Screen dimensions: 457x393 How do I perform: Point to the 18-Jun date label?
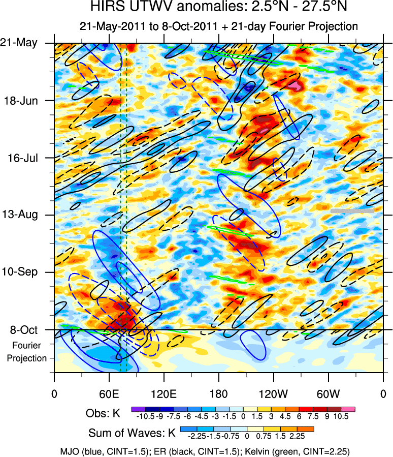point(25,100)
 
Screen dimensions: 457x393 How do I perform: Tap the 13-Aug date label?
point(24,215)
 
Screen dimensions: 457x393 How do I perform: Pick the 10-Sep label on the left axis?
point(24,272)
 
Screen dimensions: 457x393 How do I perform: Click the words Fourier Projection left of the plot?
point(26,351)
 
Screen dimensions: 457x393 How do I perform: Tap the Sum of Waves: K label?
point(132,434)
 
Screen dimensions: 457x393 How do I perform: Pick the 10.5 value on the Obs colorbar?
point(342,417)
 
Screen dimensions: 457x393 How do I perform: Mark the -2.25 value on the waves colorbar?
point(197,436)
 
